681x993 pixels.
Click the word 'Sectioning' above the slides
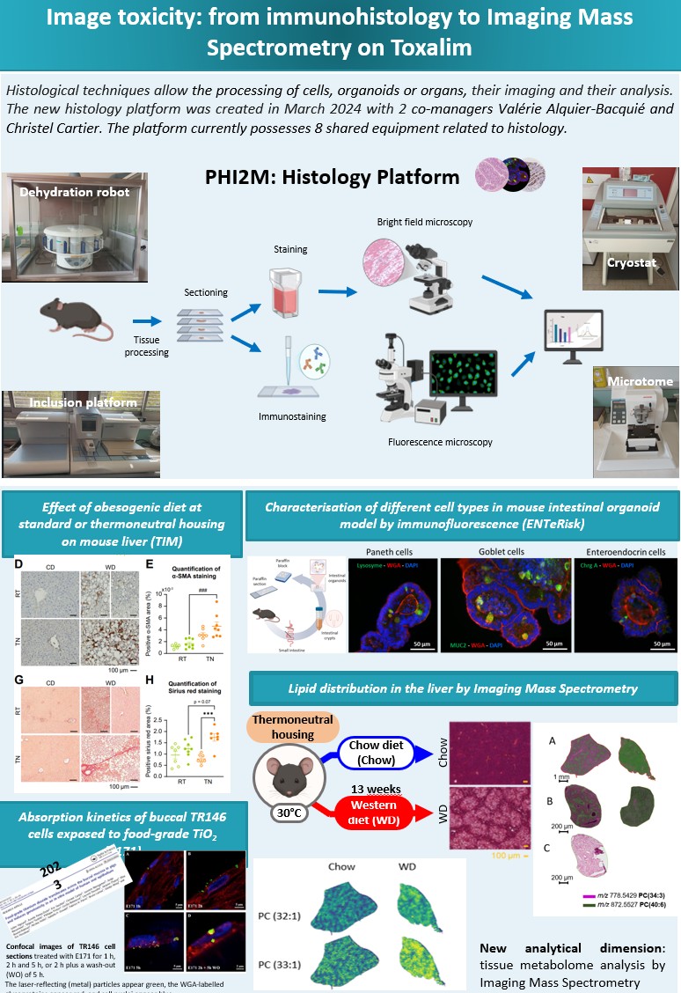pos(206,291)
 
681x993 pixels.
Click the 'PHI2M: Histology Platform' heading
pos(333,177)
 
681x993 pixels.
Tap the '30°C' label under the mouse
pos(291,813)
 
